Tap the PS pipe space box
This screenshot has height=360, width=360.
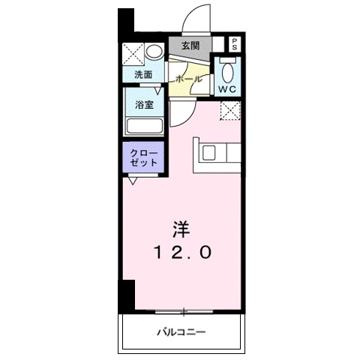tap(235, 43)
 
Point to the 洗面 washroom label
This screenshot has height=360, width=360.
tap(143, 75)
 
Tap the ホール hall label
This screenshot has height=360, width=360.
tap(187, 78)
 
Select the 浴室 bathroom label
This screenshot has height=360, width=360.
tap(144, 104)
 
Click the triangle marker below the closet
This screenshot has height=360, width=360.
tap(133, 181)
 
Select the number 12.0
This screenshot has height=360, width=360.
tap(182, 253)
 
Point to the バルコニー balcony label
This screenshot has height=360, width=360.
tap(181, 331)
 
